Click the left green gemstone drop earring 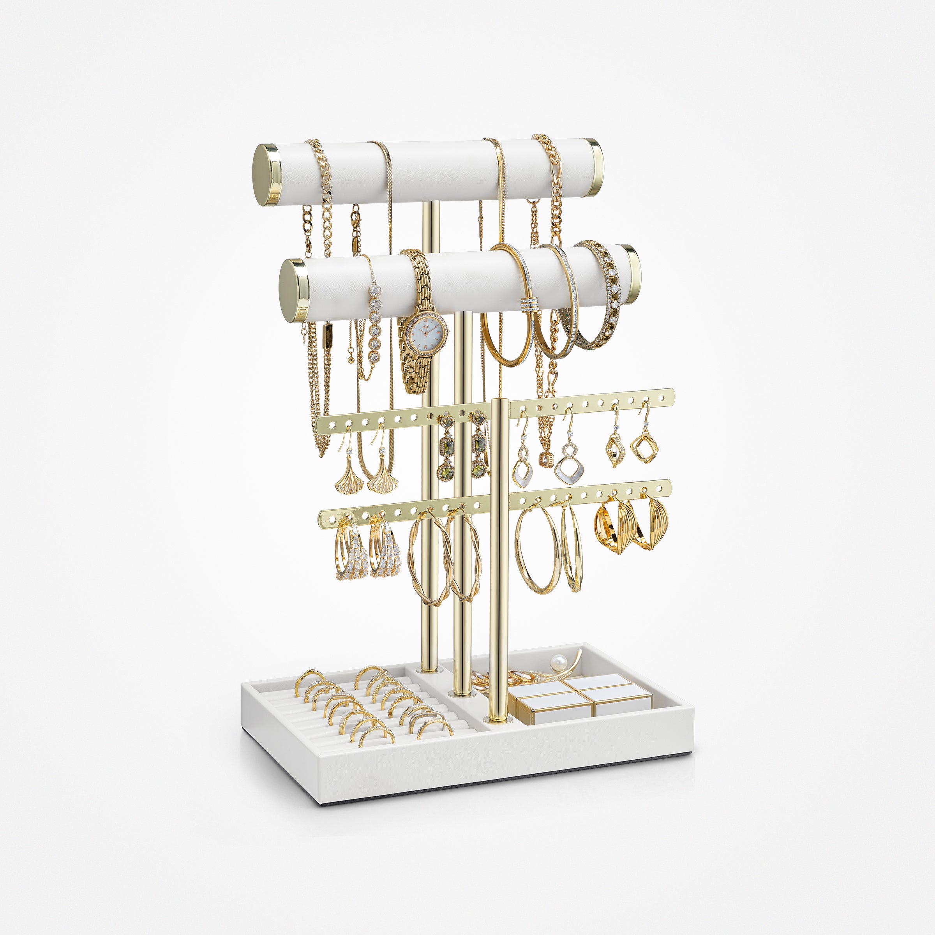pyautogui.click(x=446, y=450)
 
